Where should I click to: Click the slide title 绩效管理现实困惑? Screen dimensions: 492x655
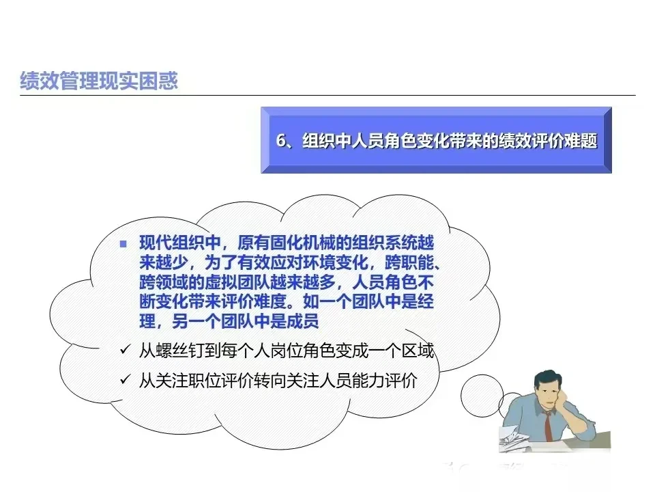(99, 81)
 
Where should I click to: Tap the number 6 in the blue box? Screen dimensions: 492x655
(280, 141)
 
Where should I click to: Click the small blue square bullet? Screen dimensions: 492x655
(123, 244)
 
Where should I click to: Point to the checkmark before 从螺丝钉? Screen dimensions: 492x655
(124, 351)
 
